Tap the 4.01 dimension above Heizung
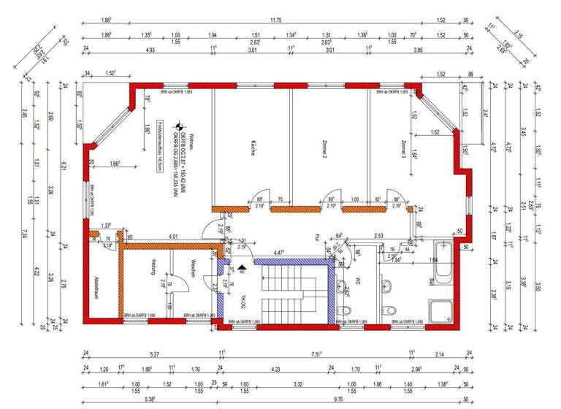[174, 237]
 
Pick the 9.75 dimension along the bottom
[339, 400]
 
